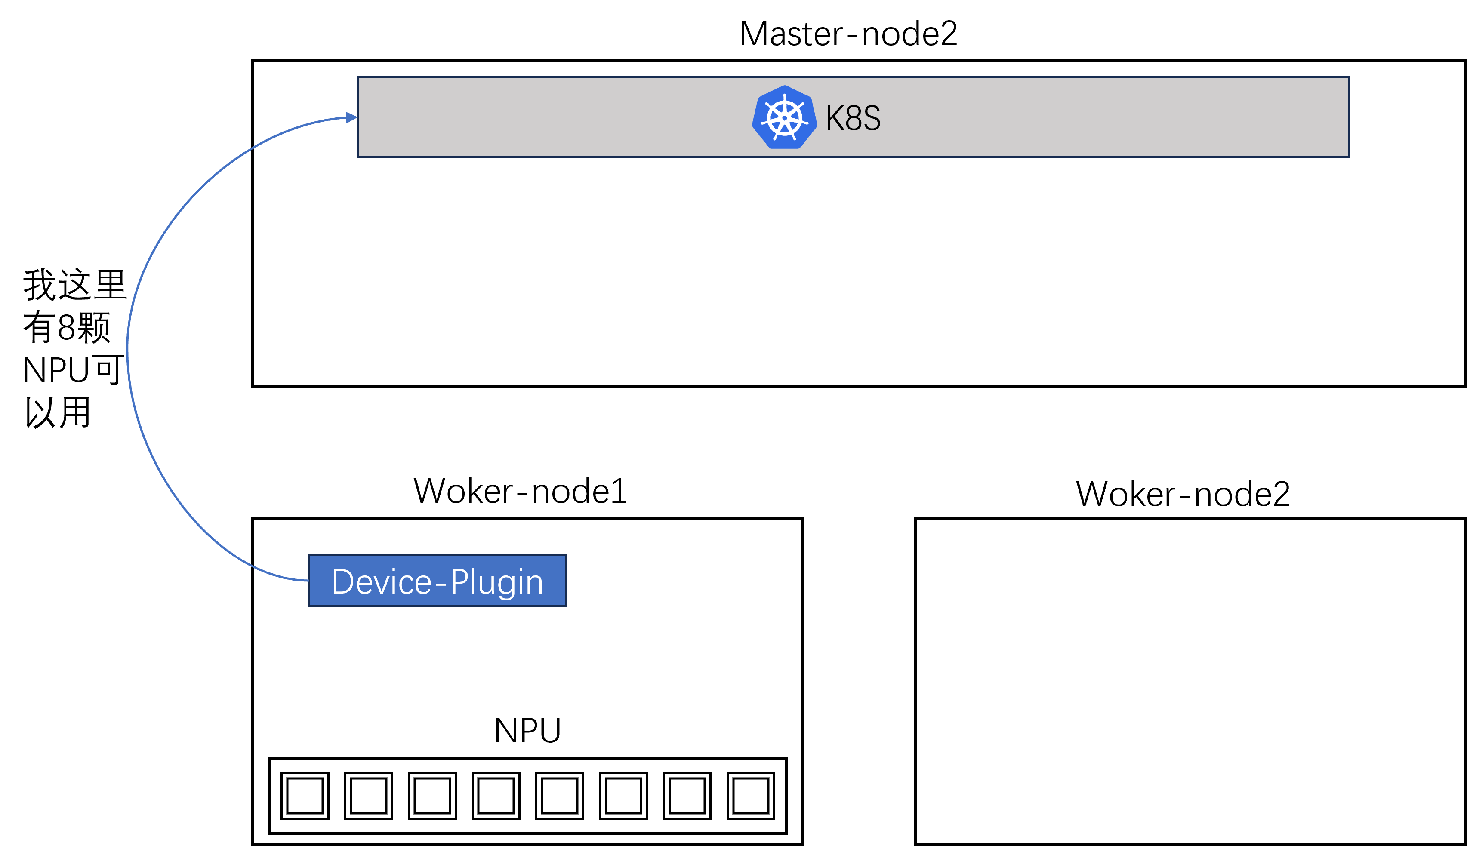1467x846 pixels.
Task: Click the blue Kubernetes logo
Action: tap(784, 117)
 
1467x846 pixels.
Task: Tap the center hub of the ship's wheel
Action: tap(785, 118)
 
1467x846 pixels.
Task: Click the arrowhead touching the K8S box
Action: tap(351, 117)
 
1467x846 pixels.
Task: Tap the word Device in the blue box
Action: tap(381, 581)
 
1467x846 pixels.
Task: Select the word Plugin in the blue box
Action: tap(497, 581)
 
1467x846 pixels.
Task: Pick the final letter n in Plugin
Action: tap(535, 585)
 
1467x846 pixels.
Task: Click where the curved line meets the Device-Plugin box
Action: tap(308, 580)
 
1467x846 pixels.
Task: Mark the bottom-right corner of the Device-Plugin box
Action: tap(566, 606)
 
